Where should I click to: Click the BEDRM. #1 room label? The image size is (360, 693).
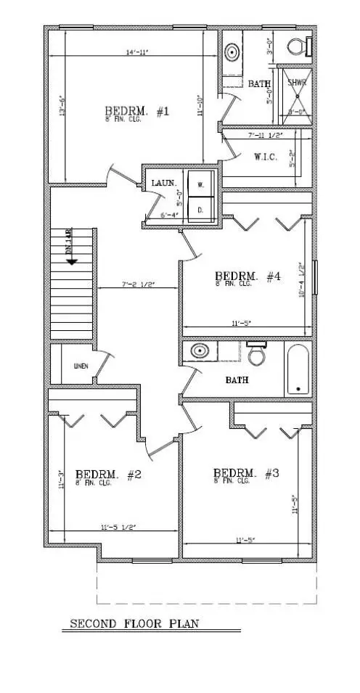(136, 112)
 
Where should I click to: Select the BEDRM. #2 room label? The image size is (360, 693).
(108, 475)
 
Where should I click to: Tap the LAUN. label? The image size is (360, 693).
(163, 183)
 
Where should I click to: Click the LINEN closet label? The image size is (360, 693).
(80, 366)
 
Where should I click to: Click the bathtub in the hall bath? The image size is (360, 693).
(296, 369)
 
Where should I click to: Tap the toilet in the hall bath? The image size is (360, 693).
(255, 355)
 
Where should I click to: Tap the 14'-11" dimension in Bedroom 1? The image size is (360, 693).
(134, 52)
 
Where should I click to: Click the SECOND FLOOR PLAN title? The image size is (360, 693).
(134, 623)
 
